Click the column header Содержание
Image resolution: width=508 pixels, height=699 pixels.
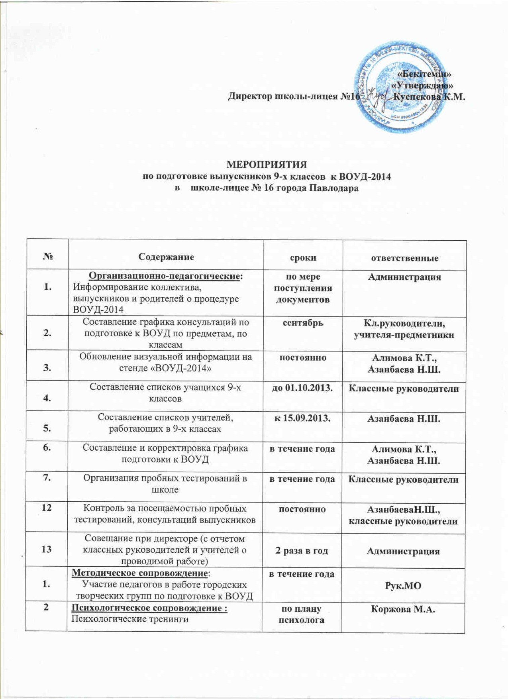166,257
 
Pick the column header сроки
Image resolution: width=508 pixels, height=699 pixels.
304,257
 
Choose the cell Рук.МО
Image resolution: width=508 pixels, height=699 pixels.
404,585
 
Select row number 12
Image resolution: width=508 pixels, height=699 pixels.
47,509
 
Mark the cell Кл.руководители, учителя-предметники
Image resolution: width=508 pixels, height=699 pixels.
404,329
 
